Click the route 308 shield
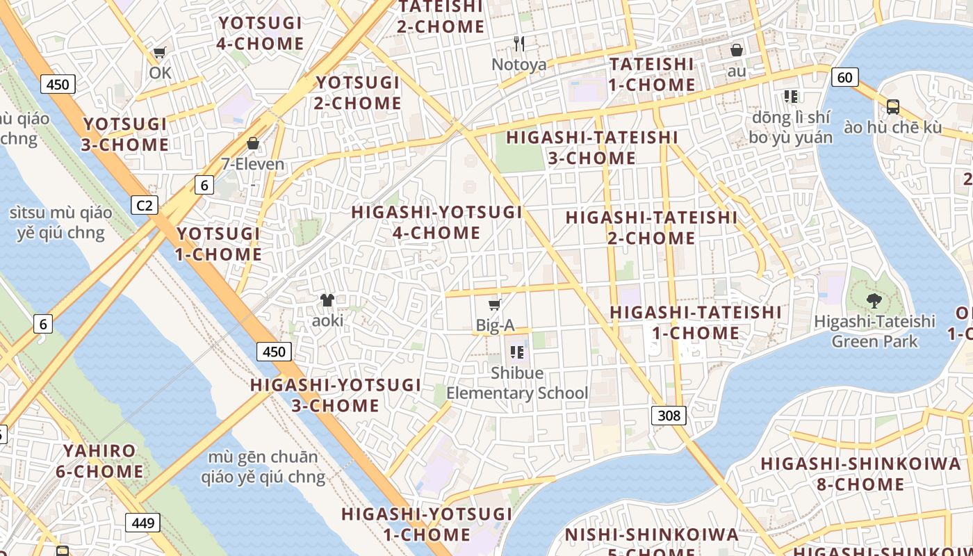click(x=669, y=416)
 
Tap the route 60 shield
click(x=844, y=76)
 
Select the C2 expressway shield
click(x=145, y=205)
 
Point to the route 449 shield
click(x=142, y=522)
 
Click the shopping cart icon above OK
click(x=160, y=53)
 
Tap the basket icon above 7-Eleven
click(x=253, y=143)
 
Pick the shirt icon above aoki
click(x=327, y=300)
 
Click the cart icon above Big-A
click(x=495, y=304)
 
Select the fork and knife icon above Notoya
click(x=518, y=44)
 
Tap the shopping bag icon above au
click(x=737, y=50)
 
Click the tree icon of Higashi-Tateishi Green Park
click(x=874, y=301)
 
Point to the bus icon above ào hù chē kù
click(x=893, y=107)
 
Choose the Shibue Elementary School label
click(x=517, y=383)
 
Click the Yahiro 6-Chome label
click(x=100, y=461)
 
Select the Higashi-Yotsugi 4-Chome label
click(x=436, y=222)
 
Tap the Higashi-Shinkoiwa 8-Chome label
click(x=860, y=473)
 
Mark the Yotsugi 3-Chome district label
click(x=126, y=134)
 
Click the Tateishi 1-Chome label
click(x=652, y=74)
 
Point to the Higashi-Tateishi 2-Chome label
click(x=651, y=227)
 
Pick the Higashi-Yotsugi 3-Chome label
click(x=336, y=395)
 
